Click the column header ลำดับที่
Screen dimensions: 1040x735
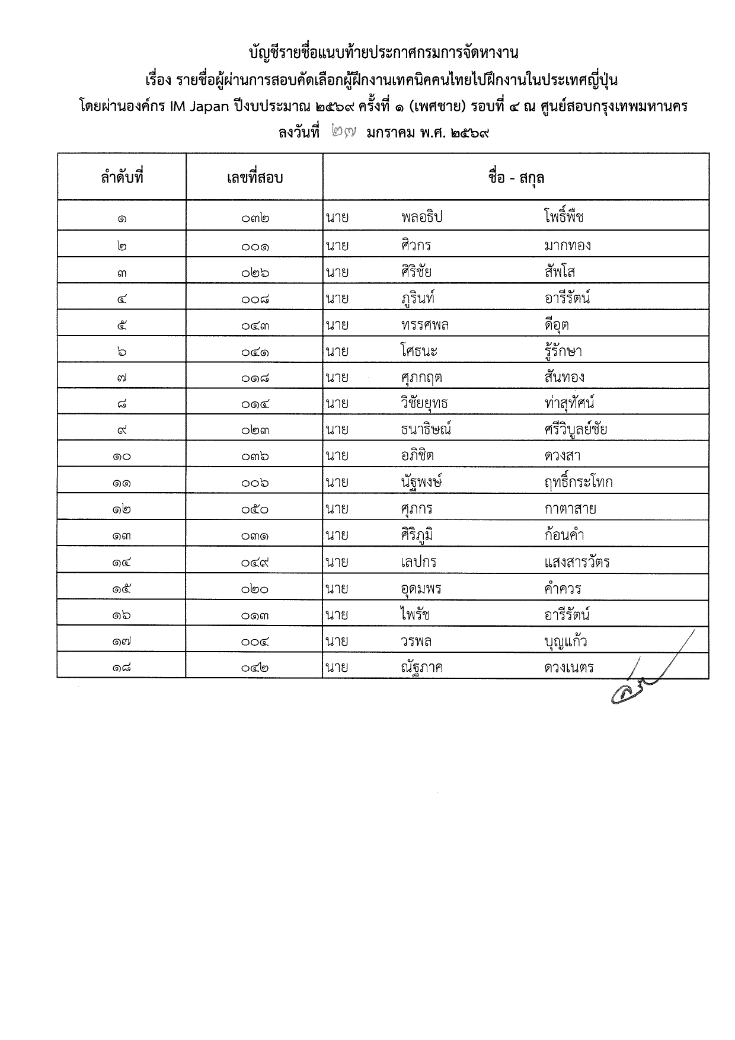[x=122, y=177]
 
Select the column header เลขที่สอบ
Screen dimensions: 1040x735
[x=254, y=177]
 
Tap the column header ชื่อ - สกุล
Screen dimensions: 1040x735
[x=516, y=177]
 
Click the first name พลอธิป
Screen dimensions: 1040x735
[x=421, y=217]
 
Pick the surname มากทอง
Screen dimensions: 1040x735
[x=567, y=245]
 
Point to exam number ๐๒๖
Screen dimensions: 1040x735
[x=255, y=273]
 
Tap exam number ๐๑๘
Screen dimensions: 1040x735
[x=255, y=378]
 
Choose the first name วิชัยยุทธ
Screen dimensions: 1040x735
[x=424, y=403]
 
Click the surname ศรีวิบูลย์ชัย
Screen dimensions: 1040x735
[x=575, y=429]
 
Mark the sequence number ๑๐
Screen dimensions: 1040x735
[x=122, y=457]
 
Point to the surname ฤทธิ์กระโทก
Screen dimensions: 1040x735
[x=578, y=482]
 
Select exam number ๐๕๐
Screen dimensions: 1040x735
[x=255, y=509]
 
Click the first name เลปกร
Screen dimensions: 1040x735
[x=418, y=562]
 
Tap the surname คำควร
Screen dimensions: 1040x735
[x=563, y=588]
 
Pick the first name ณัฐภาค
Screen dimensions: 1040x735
[x=421, y=668]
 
